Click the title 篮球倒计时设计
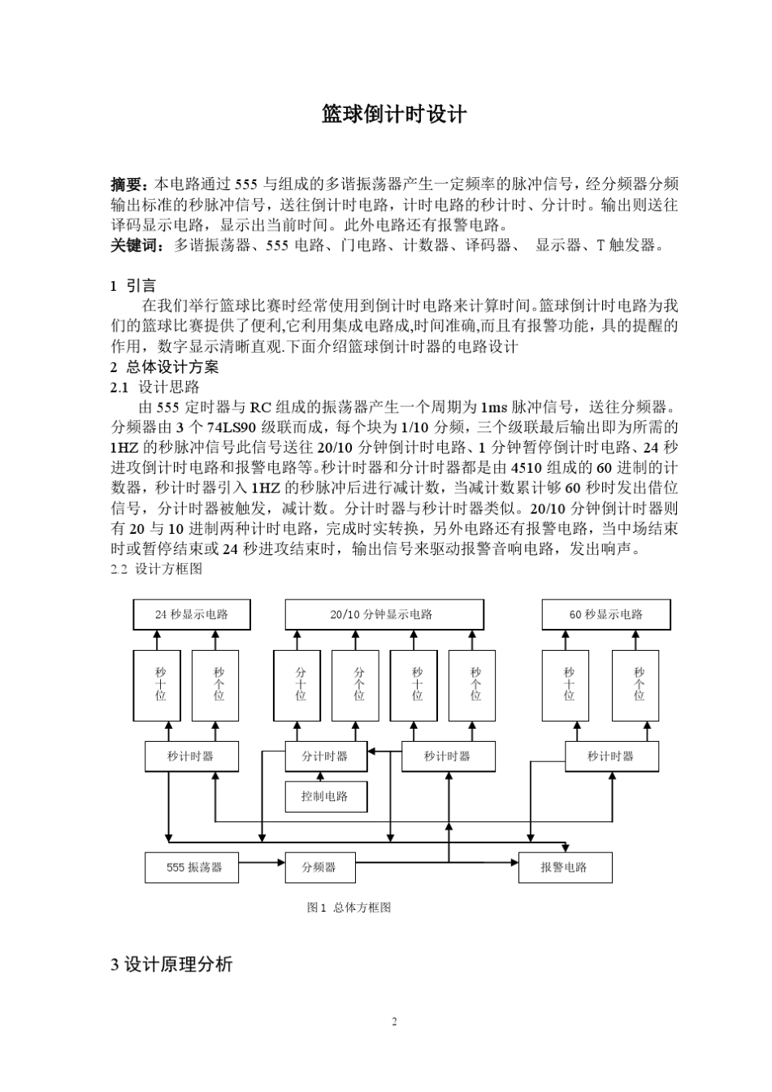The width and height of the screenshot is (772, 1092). click(x=394, y=115)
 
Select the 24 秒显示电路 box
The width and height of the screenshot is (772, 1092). click(x=192, y=615)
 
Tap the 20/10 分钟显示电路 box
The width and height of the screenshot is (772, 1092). click(x=384, y=615)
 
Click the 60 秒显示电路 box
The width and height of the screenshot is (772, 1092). click(x=606, y=615)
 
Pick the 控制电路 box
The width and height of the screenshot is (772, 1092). click(x=326, y=796)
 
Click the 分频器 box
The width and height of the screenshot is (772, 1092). click(x=319, y=867)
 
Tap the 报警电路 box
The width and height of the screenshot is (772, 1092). click(x=565, y=867)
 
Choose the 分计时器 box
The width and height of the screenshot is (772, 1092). click(x=326, y=756)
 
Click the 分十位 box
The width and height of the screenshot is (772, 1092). click(x=301, y=685)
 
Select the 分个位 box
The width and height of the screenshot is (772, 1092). click(x=359, y=685)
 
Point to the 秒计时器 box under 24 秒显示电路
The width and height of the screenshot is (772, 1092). click(x=192, y=756)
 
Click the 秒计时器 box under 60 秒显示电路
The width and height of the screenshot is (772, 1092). click(x=611, y=756)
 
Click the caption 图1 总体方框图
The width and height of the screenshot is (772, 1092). click(x=349, y=908)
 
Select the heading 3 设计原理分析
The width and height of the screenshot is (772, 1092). click(x=171, y=964)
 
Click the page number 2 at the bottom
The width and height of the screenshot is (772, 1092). click(x=394, y=1022)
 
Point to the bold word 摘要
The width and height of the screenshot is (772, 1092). click(x=128, y=184)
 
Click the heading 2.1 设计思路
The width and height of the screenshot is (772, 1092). click(x=154, y=388)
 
